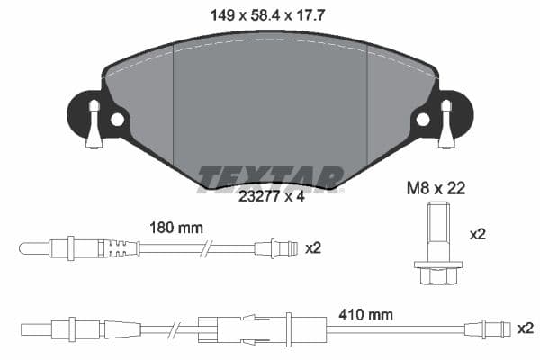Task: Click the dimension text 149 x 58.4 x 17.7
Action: click(x=271, y=14)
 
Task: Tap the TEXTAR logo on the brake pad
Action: click(x=271, y=177)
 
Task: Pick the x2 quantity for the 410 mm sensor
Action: click(x=525, y=328)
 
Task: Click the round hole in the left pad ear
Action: click(x=117, y=119)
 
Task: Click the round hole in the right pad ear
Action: click(x=421, y=119)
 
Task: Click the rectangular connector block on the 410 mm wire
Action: click(x=216, y=328)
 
